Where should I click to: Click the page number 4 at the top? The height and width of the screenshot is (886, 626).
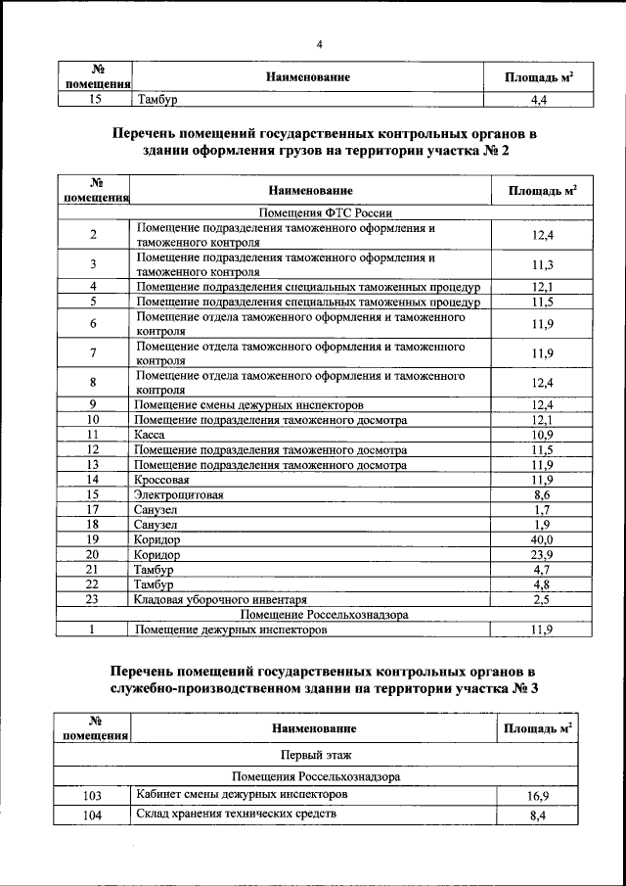pos(320,43)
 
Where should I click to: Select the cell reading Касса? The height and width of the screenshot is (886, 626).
pos(151,434)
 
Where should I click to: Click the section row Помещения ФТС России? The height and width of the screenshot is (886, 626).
pos(322,210)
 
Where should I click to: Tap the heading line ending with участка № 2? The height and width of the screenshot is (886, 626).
pos(324,153)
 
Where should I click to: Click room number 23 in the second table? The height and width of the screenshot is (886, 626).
pos(92,599)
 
